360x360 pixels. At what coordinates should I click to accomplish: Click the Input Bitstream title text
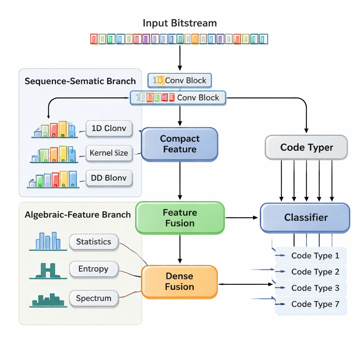[x=180, y=24]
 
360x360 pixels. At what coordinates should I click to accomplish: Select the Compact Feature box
[x=180, y=144]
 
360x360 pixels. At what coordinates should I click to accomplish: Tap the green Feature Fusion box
[x=180, y=218]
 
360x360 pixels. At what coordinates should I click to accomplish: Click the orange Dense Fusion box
[x=180, y=282]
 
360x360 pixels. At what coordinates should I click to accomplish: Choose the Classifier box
[x=305, y=218]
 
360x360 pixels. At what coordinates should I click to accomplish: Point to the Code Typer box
[x=306, y=147]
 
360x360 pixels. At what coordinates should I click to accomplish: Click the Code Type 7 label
[x=315, y=304]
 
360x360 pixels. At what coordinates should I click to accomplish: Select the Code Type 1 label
[x=315, y=256]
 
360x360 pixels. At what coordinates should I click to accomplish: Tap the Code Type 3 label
[x=315, y=288]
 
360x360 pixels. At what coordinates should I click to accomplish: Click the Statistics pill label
[x=94, y=242]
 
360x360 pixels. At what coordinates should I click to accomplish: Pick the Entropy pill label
[x=94, y=269]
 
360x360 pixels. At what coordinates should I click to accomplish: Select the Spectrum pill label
[x=94, y=298]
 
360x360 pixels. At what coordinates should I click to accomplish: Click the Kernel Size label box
[x=109, y=153]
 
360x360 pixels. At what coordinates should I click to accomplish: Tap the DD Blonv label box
[x=109, y=178]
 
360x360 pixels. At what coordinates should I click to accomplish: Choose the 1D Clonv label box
[x=109, y=128]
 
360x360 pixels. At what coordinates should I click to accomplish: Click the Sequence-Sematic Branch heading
[x=80, y=81]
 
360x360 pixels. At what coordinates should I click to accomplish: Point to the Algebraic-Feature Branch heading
[x=78, y=215]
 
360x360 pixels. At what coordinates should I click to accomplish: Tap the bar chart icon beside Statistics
[x=48, y=241]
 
